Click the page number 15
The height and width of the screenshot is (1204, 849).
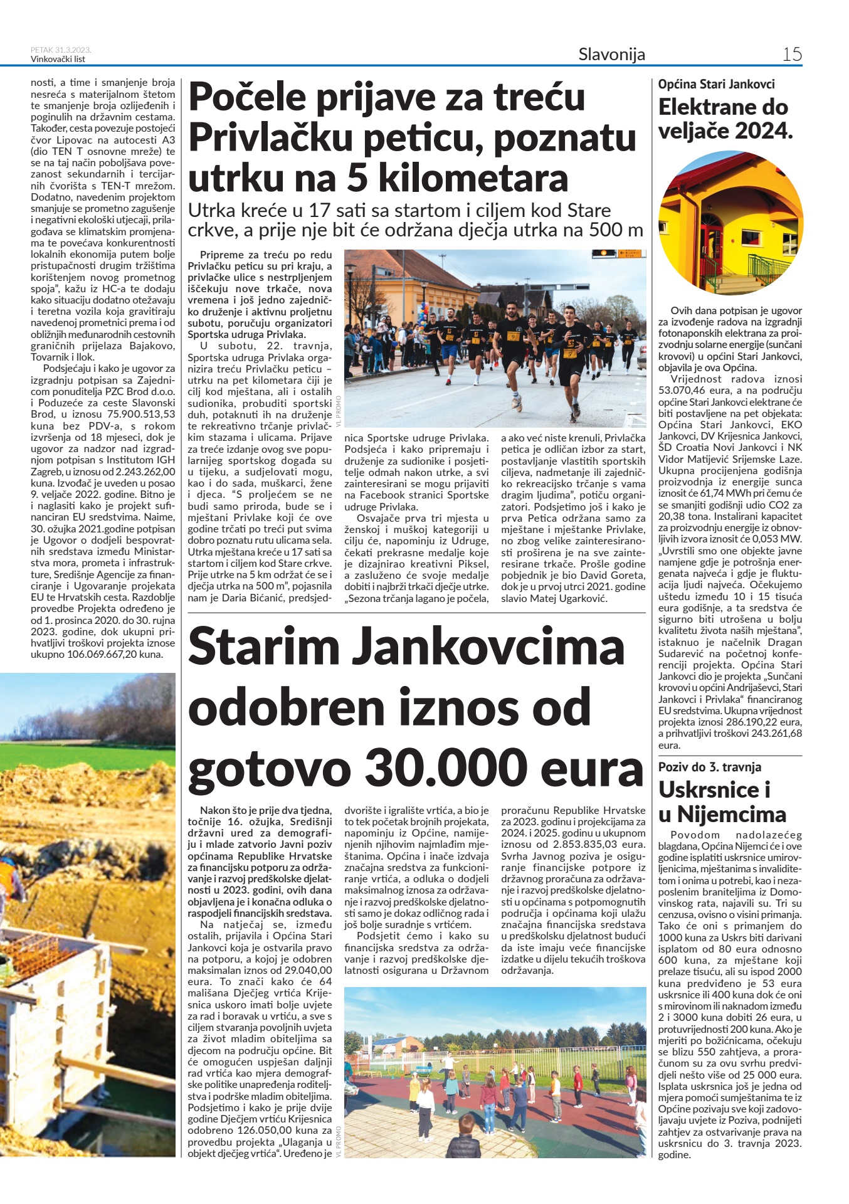792,54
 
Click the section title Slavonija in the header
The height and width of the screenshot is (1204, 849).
611,55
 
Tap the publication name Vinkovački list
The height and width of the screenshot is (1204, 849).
58,59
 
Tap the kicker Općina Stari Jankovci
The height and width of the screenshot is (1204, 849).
716,84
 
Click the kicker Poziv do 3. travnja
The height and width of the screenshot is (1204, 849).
709,767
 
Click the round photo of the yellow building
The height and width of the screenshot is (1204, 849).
730,223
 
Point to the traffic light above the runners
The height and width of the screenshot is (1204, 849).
604,253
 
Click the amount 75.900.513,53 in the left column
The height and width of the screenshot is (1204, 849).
142,414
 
